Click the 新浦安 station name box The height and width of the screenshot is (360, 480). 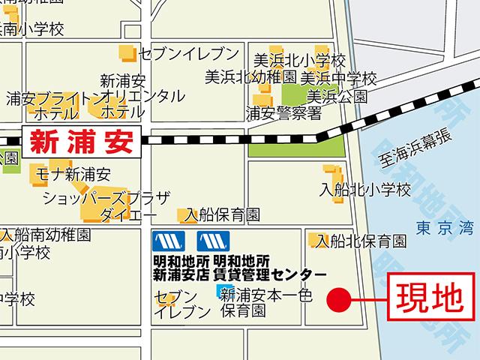tap(80, 140)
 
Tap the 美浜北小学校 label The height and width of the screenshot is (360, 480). tap(298, 60)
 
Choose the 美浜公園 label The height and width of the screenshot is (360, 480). tap(337, 95)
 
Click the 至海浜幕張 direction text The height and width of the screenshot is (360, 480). tap(415, 147)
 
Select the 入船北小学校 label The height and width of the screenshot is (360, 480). tap(365, 190)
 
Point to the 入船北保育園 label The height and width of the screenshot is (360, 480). tap(361, 241)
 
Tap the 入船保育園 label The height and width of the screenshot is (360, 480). tap(223, 215)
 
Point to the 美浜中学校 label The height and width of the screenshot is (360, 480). tap(337, 77)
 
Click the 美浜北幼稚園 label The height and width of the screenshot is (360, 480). tap(252, 77)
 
